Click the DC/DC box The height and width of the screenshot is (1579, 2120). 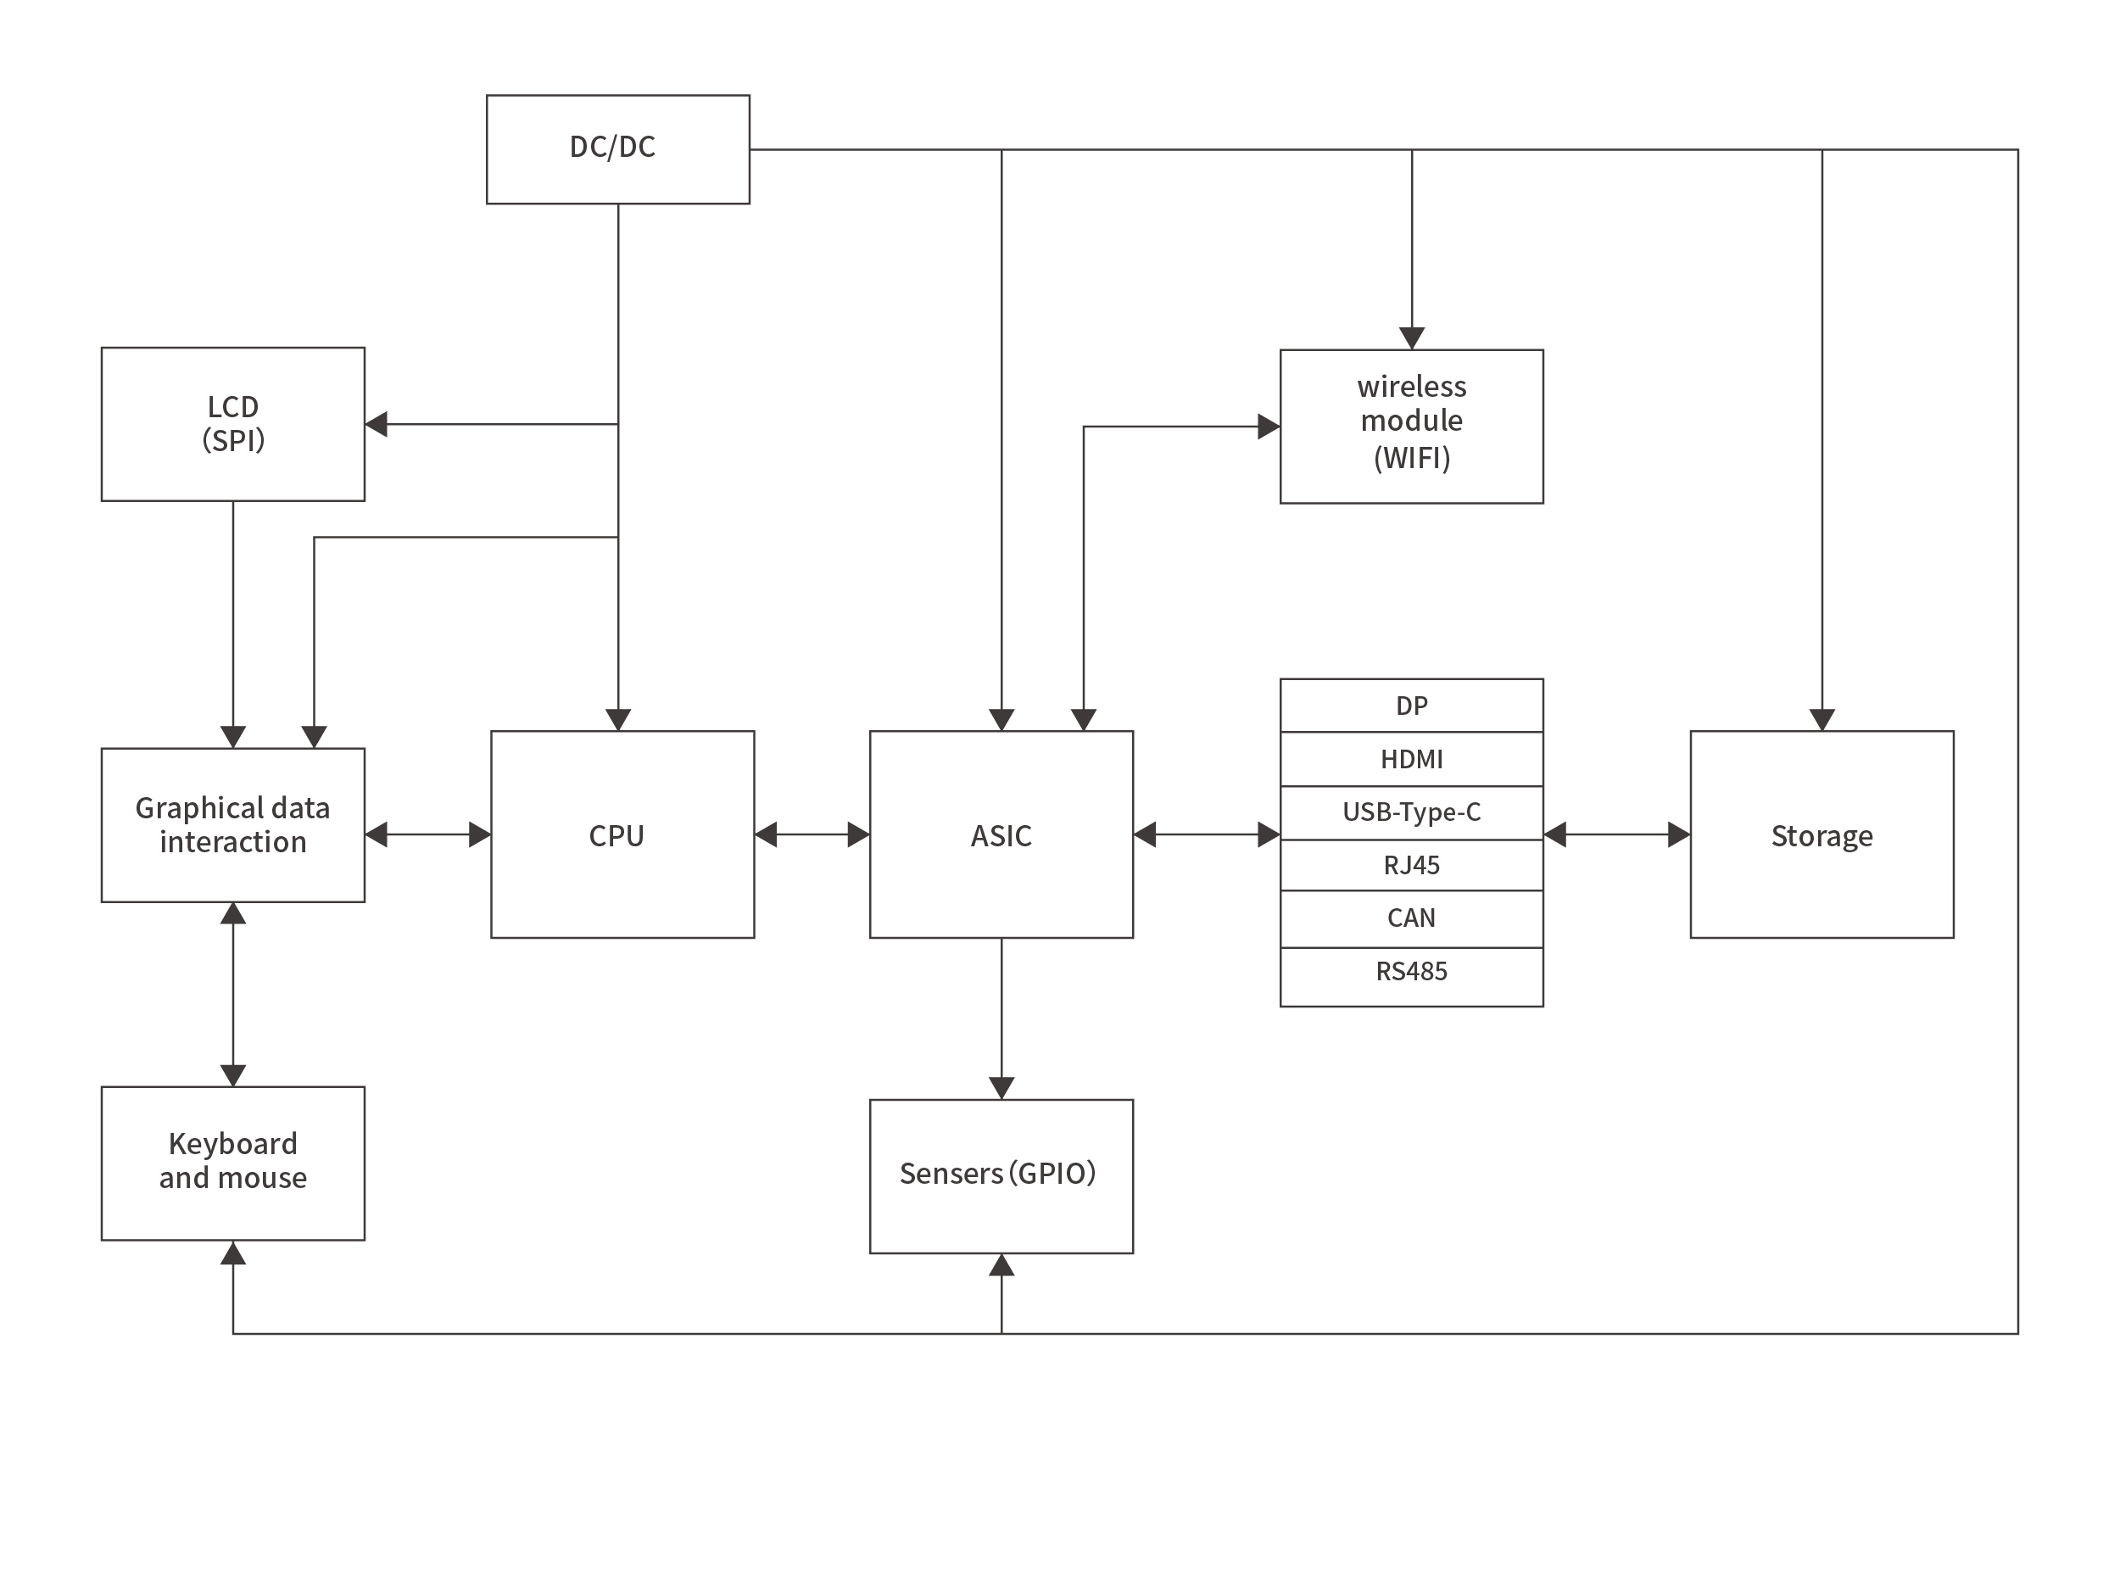(617, 148)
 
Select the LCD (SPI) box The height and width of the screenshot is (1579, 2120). (232, 423)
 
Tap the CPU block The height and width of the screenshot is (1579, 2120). (622, 834)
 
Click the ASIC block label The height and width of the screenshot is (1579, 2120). (1001, 836)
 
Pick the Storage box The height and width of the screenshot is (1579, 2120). (1821, 834)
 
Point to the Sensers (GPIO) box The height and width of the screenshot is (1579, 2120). (1001, 1174)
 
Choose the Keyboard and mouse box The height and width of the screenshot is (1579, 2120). (232, 1163)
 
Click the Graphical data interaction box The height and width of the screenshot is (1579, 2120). (232, 825)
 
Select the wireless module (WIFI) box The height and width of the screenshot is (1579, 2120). (1411, 426)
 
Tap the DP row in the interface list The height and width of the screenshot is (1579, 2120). (1411, 706)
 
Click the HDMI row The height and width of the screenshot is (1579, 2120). (1411, 759)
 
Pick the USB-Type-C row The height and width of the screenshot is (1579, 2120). (1411, 812)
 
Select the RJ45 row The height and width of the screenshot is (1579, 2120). (1411, 865)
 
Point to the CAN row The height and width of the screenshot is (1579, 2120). (1411, 918)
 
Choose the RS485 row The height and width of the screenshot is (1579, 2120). (1411, 973)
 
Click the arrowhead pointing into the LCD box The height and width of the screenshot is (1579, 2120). (377, 423)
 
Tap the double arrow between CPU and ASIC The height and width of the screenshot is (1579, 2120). (812, 834)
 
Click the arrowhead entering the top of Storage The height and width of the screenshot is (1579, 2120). (1822, 720)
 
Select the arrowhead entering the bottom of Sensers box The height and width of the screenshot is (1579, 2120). (1001, 1265)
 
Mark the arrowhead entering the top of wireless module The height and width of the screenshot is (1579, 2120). (1412, 338)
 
